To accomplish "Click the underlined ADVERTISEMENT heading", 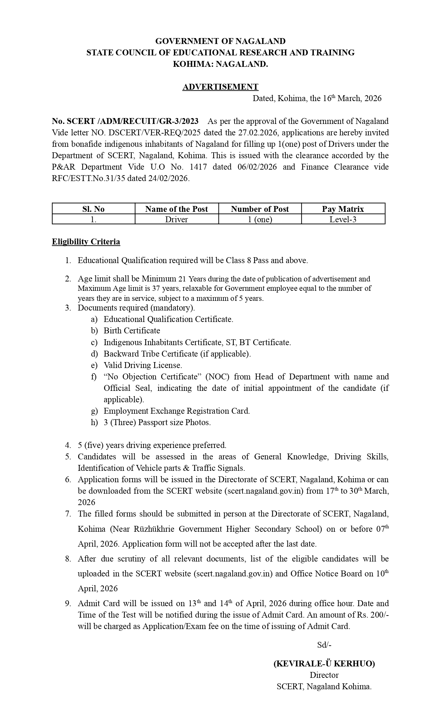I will click(x=220, y=87).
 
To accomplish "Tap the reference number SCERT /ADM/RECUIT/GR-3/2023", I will click(x=132, y=121).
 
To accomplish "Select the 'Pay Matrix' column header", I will click(x=343, y=209).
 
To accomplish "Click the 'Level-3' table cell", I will click(x=343, y=219).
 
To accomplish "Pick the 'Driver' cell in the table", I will click(x=176, y=219).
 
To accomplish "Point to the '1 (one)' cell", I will click(x=260, y=219).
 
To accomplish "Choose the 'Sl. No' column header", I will click(x=93, y=209).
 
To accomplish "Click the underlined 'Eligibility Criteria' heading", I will click(x=86, y=242).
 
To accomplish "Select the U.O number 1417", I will click(x=199, y=167).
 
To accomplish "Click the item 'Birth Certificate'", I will click(x=132, y=331).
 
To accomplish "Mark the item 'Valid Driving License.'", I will click(x=143, y=365).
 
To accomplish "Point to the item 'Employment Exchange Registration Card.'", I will click(x=177, y=411).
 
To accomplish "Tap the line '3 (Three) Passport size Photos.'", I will click(x=157, y=422).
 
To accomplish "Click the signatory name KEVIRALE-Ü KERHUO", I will click(x=324, y=664).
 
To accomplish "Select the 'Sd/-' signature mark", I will click(x=324, y=645).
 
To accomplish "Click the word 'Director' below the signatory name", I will click(x=324, y=675).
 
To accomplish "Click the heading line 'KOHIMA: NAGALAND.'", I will click(x=220, y=64).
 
